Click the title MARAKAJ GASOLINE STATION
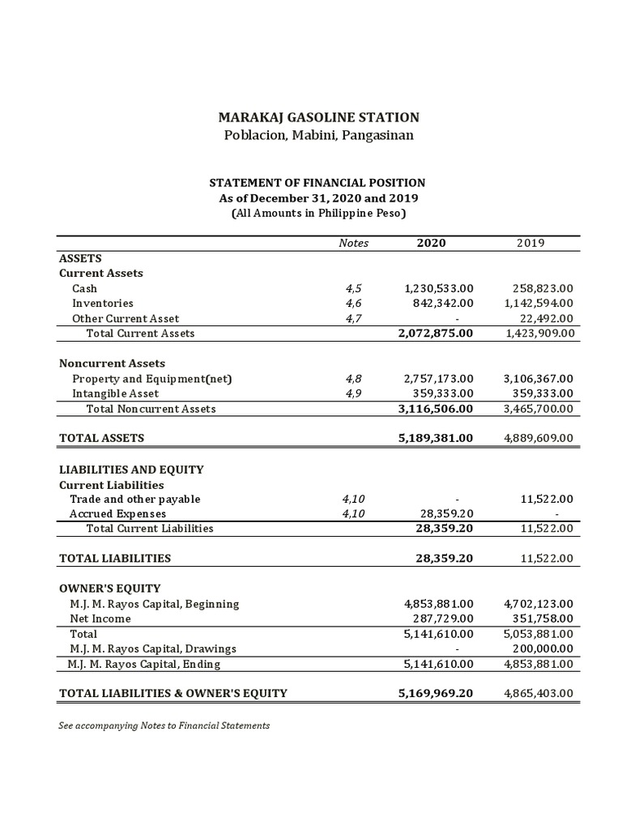(317, 117)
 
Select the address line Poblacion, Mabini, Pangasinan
(317, 135)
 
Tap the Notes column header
(353, 243)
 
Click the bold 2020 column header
(431, 243)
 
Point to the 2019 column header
(530, 243)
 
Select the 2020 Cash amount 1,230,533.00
(438, 288)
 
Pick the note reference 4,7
(353, 318)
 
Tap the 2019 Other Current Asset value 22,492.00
(544, 318)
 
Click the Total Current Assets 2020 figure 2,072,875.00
(436, 333)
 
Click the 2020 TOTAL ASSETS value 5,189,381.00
(436, 438)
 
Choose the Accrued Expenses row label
(117, 513)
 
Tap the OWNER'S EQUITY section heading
(110, 588)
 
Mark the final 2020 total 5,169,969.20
(436, 693)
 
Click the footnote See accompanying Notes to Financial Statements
(164, 725)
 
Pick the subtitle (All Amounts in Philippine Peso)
(317, 214)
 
